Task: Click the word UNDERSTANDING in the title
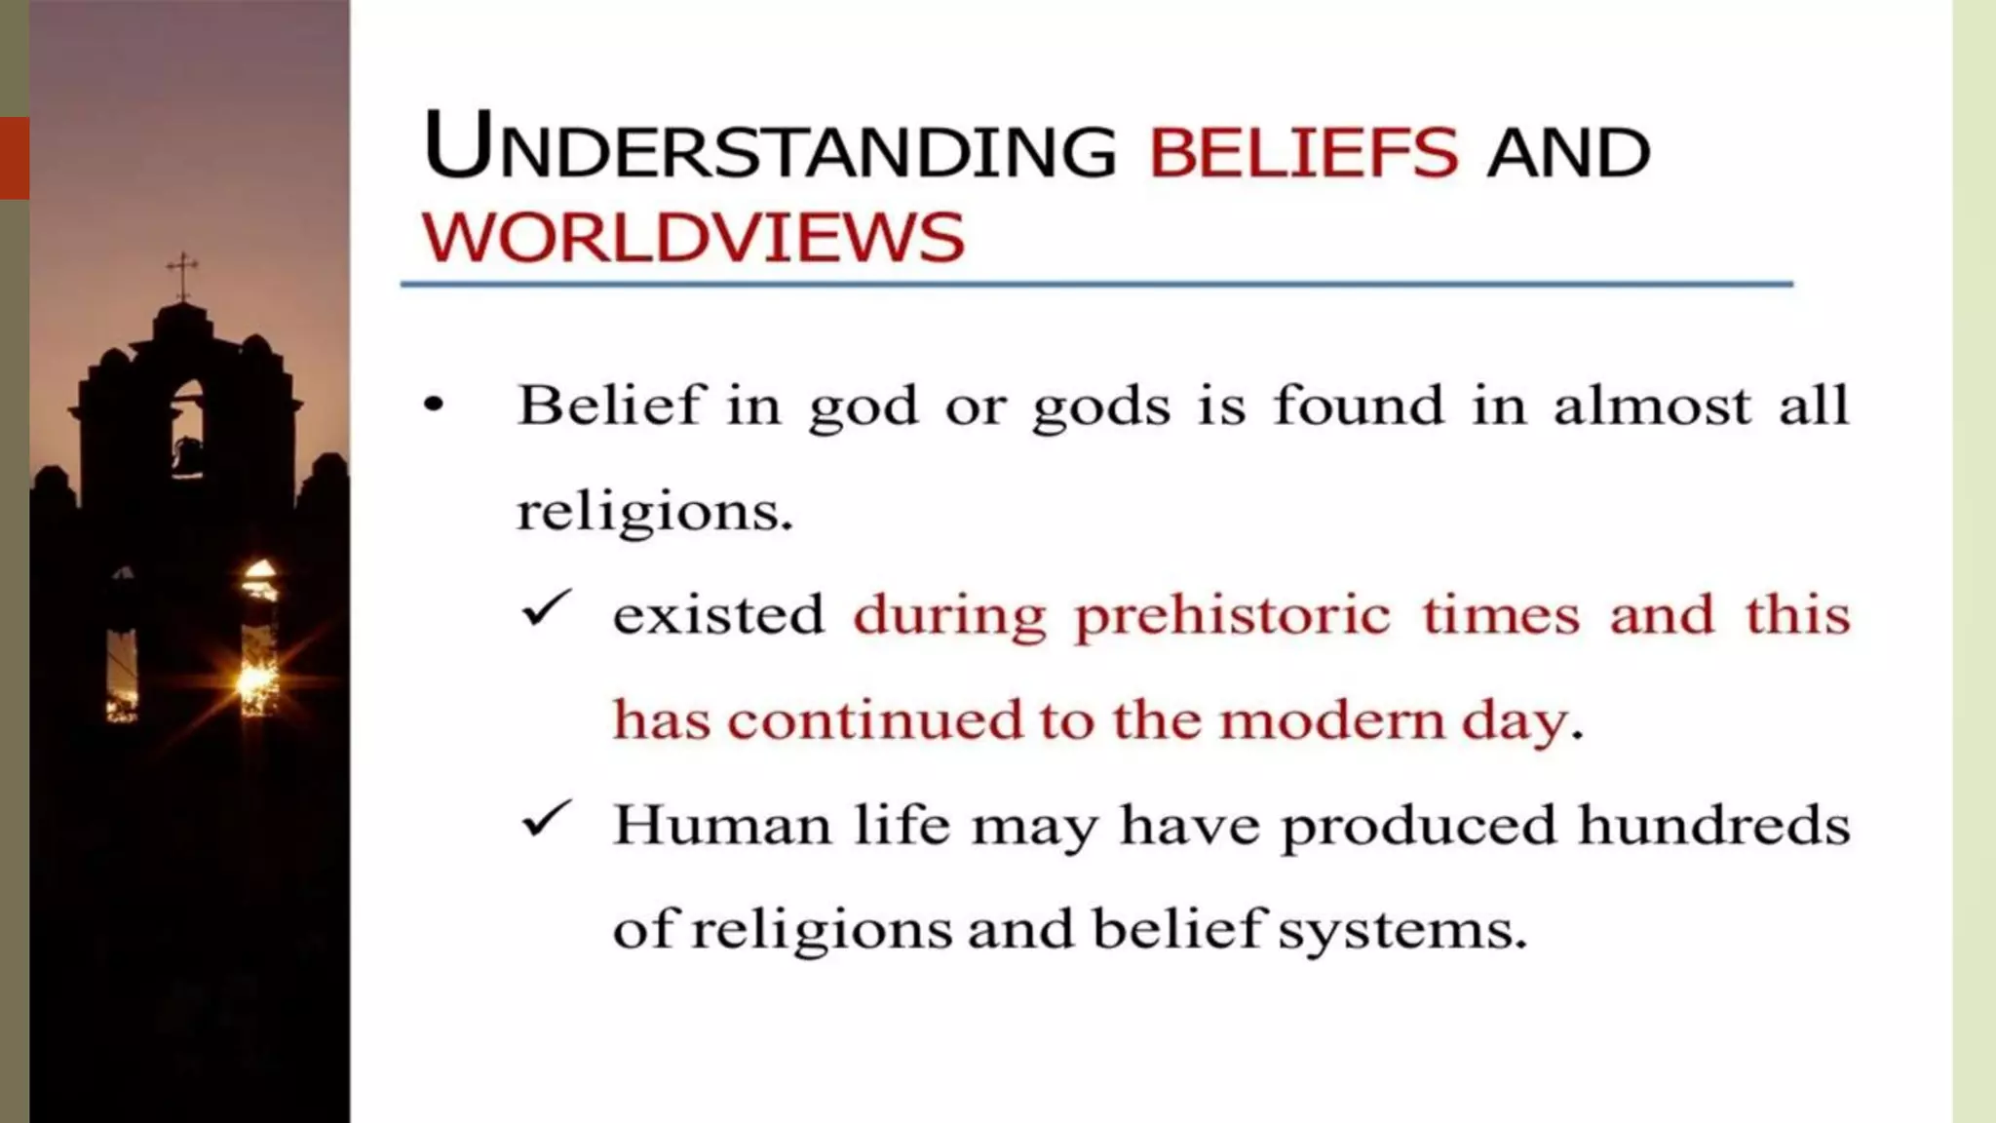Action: tap(770, 148)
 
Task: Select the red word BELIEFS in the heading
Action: tap(1303, 153)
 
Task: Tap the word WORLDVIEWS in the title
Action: tap(693, 238)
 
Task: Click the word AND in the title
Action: tap(1568, 153)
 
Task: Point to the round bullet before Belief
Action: tap(434, 405)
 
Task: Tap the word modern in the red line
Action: tap(1332, 721)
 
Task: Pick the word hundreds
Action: tap(1713, 825)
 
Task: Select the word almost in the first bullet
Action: tap(1652, 406)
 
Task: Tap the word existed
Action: tap(718, 615)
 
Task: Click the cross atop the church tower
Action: tap(181, 274)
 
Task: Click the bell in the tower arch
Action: tap(188, 454)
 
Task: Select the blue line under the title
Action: tap(1096, 284)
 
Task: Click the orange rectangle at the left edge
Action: tap(15, 158)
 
